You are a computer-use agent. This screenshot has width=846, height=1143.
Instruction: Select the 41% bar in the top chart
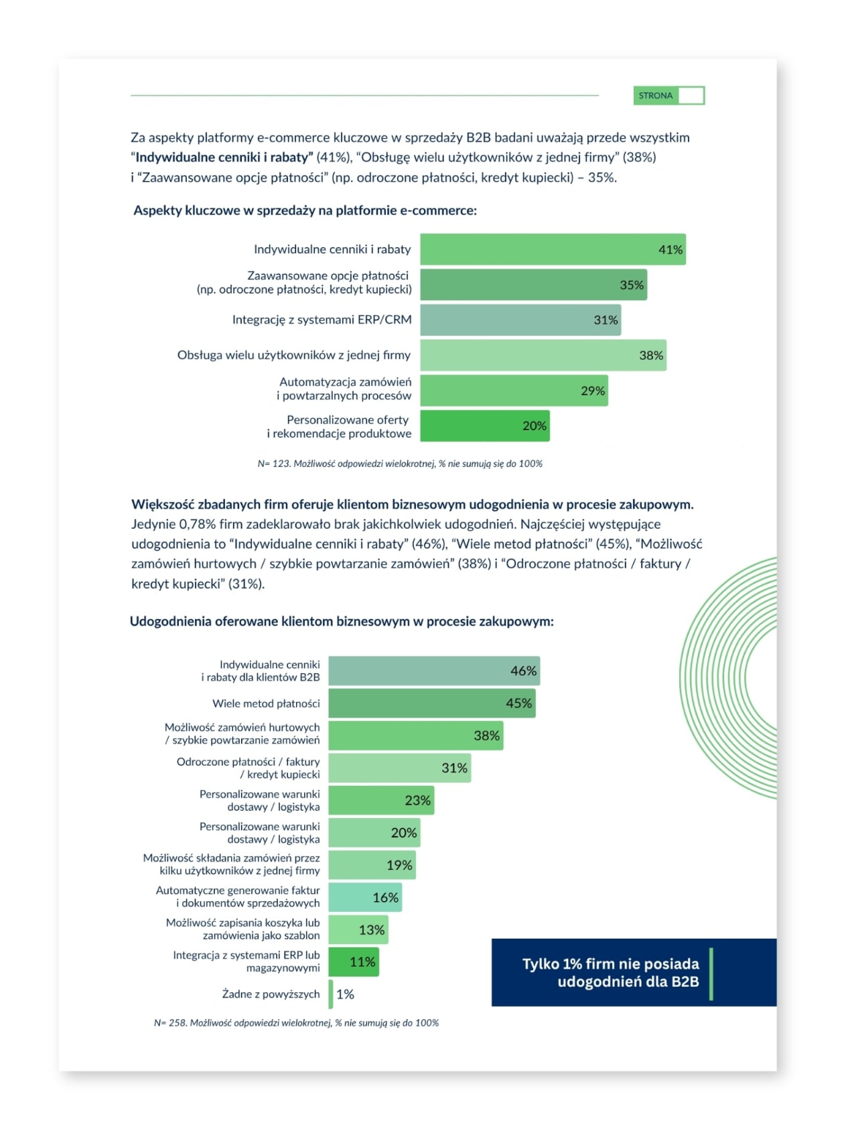click(552, 249)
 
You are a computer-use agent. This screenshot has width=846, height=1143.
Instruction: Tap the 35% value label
click(631, 285)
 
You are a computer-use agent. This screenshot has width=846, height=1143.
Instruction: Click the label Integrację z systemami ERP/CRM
click(322, 320)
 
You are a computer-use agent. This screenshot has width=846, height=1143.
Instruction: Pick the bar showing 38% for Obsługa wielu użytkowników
click(543, 355)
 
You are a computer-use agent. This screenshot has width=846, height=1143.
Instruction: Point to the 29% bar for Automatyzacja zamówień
click(513, 391)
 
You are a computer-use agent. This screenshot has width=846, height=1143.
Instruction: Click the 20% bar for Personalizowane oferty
click(484, 425)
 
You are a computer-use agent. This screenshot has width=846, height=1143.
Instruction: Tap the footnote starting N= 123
click(400, 464)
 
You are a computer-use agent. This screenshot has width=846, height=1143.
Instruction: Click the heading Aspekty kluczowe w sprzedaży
click(305, 210)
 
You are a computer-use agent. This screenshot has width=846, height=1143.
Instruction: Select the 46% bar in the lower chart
click(433, 671)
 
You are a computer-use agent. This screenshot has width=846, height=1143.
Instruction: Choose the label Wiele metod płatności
click(266, 703)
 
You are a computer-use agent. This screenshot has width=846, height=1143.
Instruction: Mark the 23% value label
click(417, 800)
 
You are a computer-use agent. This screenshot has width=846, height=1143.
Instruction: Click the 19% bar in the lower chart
click(372, 865)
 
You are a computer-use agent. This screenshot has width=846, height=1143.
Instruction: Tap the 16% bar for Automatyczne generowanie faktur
click(365, 897)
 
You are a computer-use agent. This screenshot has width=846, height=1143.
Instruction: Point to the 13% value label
click(371, 930)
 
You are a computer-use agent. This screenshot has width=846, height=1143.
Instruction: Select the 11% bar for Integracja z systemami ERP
click(354, 962)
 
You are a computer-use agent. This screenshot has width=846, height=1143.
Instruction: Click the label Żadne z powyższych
click(271, 994)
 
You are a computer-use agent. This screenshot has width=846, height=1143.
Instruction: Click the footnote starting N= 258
click(296, 1023)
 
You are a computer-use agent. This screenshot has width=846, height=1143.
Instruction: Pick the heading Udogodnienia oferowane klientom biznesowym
click(342, 621)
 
